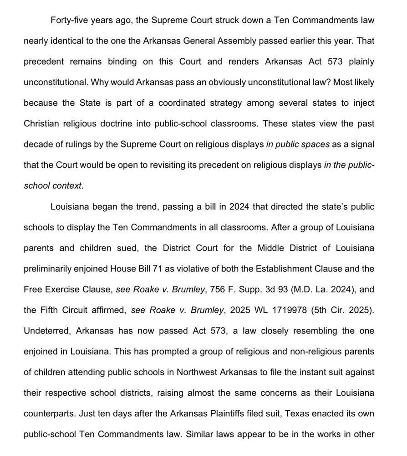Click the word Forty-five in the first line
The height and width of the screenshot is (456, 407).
tap(70, 20)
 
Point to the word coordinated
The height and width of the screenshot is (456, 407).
tap(182, 103)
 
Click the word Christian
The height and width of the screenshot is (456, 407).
tap(41, 124)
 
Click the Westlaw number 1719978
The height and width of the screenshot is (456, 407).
tap(292, 310)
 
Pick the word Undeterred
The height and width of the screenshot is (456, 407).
tap(46, 331)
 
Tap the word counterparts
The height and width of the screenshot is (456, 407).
tap(49, 414)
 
